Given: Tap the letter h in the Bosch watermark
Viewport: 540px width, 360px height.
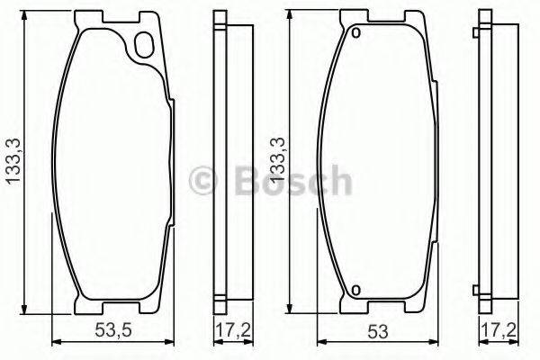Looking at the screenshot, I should (338, 181).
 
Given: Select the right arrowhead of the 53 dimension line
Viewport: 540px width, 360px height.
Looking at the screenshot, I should (436, 340).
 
